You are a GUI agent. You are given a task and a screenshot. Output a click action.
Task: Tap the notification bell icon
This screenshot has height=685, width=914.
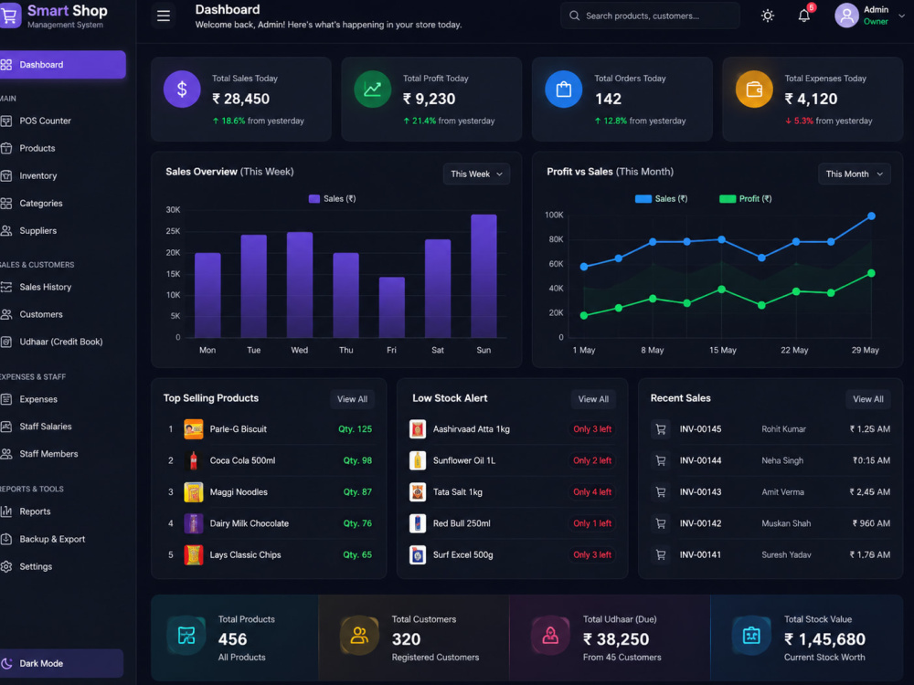pos(803,16)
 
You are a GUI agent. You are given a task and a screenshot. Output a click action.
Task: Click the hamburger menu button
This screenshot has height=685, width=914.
pos(164,16)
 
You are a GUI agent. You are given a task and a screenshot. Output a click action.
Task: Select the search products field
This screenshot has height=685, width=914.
pos(650,16)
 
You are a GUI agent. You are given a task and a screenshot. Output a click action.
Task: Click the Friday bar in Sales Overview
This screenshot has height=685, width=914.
pos(392,307)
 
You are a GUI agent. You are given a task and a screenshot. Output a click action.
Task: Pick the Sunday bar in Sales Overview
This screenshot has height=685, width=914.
pos(484,276)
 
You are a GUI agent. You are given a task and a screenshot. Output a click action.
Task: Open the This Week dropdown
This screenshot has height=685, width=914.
pos(476,174)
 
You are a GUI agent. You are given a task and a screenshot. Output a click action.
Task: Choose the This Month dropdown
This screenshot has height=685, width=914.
pos(854,174)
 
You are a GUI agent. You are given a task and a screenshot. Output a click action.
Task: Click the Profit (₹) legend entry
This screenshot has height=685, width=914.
pos(746,198)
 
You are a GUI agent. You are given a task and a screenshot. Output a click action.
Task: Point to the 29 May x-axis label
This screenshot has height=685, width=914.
pos(865,350)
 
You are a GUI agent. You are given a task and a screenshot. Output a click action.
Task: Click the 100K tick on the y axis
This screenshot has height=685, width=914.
pos(555,215)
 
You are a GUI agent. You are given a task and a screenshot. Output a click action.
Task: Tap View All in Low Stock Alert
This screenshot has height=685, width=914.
pos(593,399)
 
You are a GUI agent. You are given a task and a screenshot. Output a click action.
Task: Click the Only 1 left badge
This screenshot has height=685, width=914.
pos(592,523)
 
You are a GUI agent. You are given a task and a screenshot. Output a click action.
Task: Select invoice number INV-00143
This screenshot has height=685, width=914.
pos(700,491)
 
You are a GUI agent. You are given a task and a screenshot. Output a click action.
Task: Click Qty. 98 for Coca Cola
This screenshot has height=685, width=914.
pos(357,460)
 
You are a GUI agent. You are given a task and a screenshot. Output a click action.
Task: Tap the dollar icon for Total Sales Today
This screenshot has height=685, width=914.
pos(182,90)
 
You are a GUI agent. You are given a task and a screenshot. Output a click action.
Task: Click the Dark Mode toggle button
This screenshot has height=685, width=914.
pos(61,663)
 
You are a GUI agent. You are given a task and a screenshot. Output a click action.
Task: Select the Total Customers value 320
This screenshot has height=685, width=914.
pos(407,639)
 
